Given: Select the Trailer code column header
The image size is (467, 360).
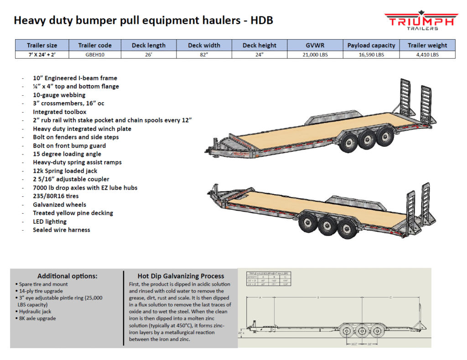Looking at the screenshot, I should point(95,46).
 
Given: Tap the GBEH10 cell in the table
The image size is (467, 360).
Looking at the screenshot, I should point(95,55).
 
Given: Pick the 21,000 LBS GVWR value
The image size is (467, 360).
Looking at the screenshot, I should point(315,55).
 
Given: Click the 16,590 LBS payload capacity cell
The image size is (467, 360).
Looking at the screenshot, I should point(371,55).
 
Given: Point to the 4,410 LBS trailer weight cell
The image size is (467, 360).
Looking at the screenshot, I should point(427,55).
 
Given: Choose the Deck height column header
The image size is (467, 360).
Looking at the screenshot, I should point(259,46).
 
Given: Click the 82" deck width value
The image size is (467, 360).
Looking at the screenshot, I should point(204,55).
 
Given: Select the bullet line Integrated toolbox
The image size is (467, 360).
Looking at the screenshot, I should point(59,112).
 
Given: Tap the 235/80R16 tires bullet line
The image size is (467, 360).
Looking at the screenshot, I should point(56,196).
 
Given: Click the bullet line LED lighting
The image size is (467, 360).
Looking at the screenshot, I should point(50,221).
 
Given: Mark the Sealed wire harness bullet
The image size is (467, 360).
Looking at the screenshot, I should point(62,230).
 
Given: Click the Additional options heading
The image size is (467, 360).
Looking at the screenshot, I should point(67,276).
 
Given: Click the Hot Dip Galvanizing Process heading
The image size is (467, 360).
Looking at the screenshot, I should point(181,276).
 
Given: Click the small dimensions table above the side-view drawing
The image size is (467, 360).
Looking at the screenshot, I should point(267,278).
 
